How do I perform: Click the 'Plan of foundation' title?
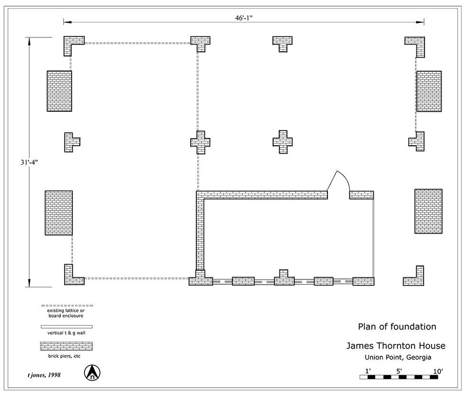click(397, 327)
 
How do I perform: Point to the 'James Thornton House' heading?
click(396, 346)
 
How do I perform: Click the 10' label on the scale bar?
click(438, 371)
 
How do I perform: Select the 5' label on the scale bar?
click(399, 371)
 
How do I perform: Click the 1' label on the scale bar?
click(368, 371)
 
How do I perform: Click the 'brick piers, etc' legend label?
click(67, 357)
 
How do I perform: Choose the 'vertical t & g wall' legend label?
click(67, 333)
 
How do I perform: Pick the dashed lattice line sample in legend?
click(67, 305)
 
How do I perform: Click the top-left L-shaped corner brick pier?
click(72, 43)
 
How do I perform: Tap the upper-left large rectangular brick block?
click(59, 91)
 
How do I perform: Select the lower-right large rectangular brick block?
click(428, 211)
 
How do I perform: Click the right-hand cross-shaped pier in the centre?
click(282, 142)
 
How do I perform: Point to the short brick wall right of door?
click(361, 195)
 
